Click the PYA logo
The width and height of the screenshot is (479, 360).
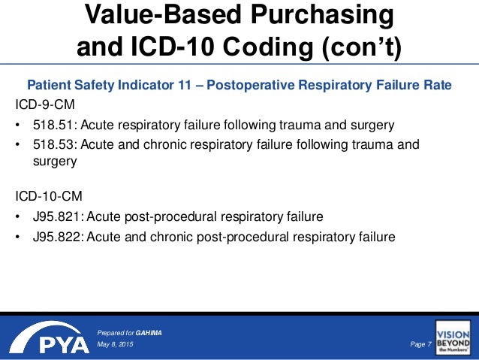pos(46,340)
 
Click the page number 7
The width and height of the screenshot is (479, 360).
pos(429,344)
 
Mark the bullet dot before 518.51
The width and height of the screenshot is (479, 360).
pos(19,124)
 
